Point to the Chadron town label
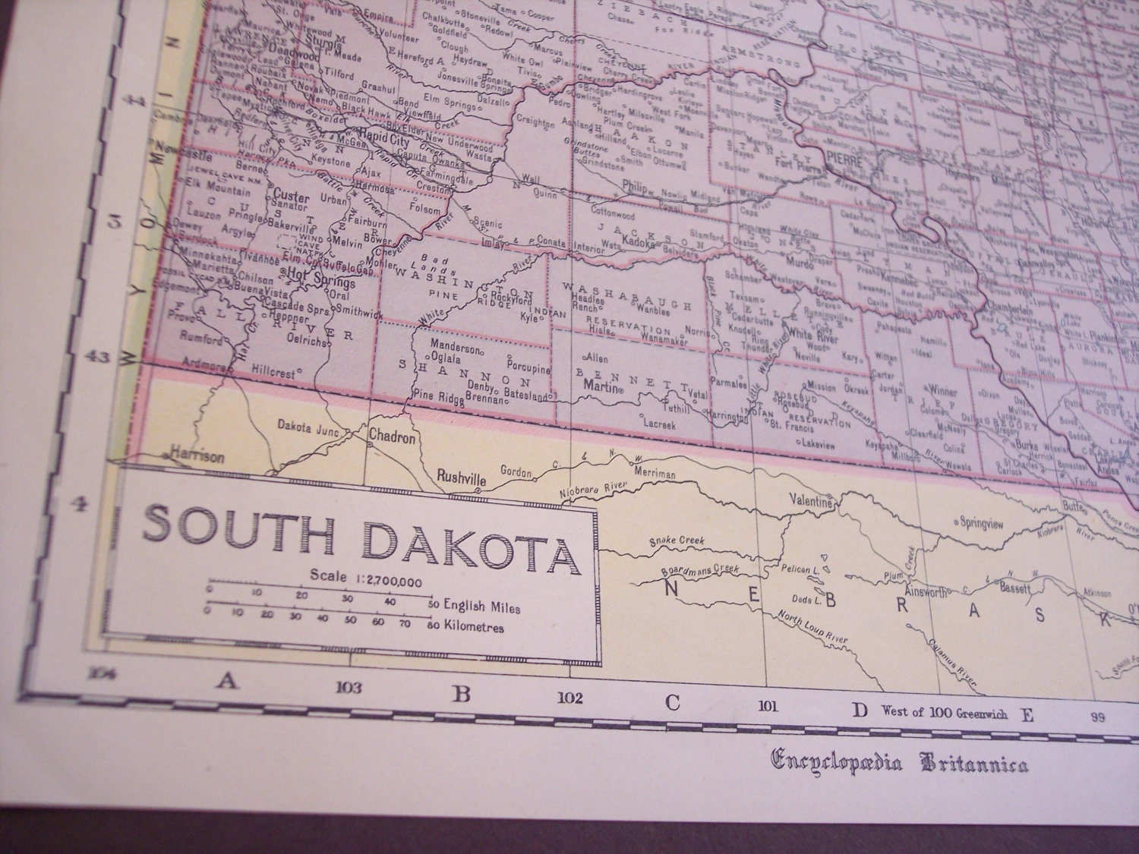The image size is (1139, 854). click(x=392, y=438)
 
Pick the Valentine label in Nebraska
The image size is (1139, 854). click(x=813, y=502)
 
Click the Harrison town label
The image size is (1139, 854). click(x=197, y=457)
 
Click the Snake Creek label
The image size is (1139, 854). click(x=677, y=541)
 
